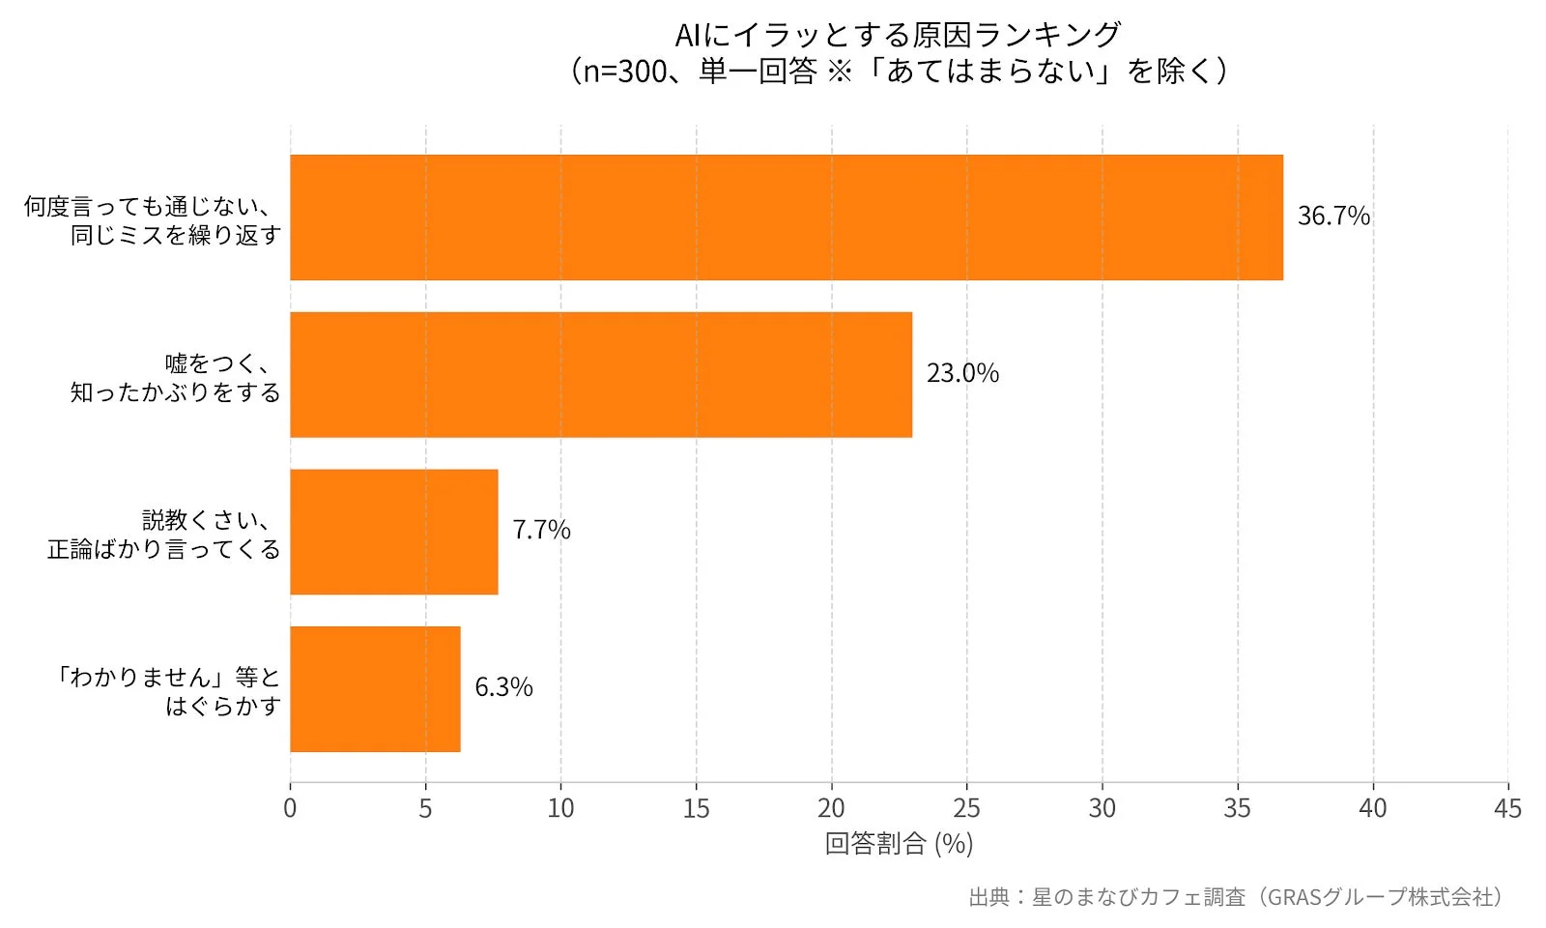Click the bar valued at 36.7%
(786, 217)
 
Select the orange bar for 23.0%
(600, 374)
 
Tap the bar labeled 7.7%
(393, 532)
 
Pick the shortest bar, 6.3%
(375, 689)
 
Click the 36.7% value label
(1332, 217)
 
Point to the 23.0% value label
(961, 373)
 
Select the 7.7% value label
(540, 531)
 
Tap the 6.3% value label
(502, 687)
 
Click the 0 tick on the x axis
(290, 808)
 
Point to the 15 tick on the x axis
(696, 808)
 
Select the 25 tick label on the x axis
(966, 808)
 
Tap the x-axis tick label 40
(1372, 808)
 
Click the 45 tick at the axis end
(1506, 808)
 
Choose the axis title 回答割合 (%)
(899, 844)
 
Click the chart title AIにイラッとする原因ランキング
(898, 35)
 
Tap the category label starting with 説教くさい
(164, 535)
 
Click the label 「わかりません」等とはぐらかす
(168, 691)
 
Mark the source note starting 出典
(1236, 897)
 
